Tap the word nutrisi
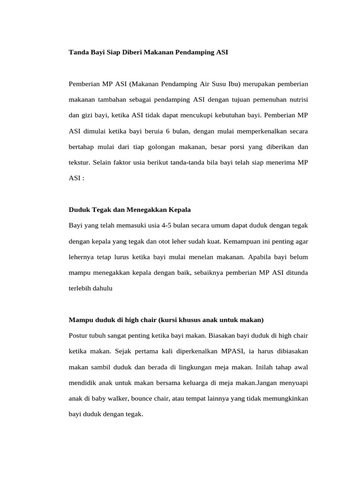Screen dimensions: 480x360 coord(296,99)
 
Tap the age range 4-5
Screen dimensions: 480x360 coord(164,225)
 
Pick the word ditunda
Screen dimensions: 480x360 coord(296,273)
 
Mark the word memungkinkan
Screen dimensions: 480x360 coord(285,399)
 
